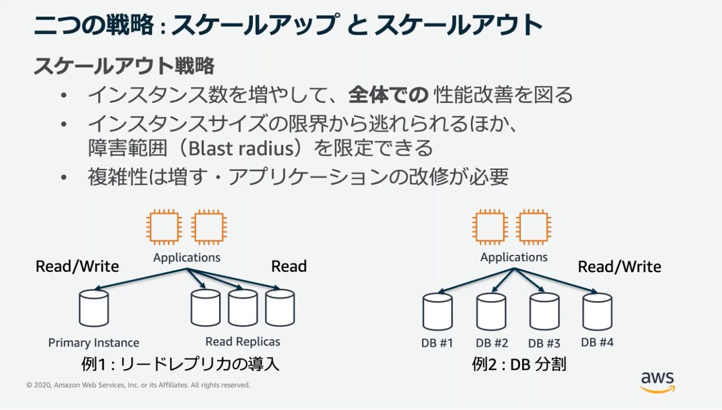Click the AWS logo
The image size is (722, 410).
pos(658,383)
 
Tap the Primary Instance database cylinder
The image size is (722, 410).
pos(94,308)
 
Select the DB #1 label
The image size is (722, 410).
pos(437,343)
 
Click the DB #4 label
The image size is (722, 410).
pos(597,342)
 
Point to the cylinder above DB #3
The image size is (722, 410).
pos(545,311)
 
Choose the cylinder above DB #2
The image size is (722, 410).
pos(491,312)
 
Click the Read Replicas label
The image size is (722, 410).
pos(242,342)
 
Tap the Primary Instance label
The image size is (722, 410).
pos(94,343)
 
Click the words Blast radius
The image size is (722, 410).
pos(241,149)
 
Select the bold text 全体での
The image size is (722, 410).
pos(388,95)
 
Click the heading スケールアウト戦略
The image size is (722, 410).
pos(124,66)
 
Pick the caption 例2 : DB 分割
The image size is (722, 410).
pos(519,364)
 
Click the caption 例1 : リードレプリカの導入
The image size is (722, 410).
pos(180,364)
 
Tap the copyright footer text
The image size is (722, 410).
pos(138,385)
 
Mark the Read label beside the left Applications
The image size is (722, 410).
pos(289,266)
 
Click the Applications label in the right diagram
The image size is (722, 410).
pos(514,257)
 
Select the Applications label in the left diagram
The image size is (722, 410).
pos(186,257)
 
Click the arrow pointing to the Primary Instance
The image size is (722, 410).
pos(141,279)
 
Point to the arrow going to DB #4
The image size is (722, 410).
pos(556,281)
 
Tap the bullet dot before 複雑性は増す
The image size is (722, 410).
pos(64,177)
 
